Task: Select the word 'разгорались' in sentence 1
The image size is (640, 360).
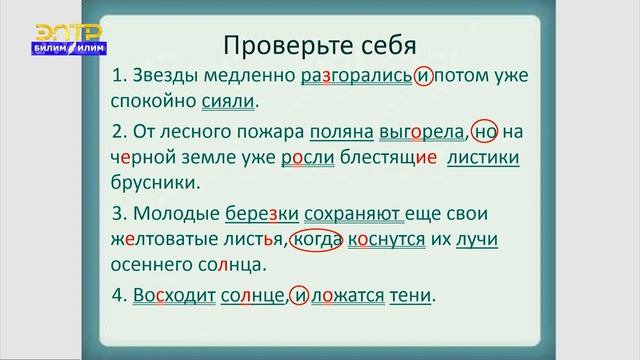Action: point(354,75)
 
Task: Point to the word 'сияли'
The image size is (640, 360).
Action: point(228,101)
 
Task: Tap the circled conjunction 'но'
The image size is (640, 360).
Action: point(485,133)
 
